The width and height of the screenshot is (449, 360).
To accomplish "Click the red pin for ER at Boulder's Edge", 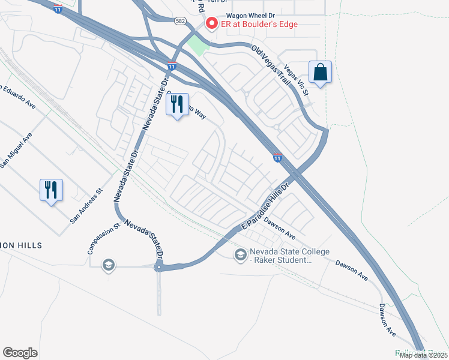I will pos(211,24).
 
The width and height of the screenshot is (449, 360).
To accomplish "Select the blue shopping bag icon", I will pos(321,73).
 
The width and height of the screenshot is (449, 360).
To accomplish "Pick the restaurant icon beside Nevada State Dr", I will pos(177,104).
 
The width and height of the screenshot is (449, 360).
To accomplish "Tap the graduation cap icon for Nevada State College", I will pos(241,255).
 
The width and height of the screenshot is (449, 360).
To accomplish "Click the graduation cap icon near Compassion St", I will pos(108,265).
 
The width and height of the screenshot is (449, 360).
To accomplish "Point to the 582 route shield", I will pos(180,21).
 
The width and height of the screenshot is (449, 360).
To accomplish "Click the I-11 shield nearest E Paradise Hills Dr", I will pos(277,158).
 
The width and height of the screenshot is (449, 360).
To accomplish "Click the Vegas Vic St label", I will pos(297,80).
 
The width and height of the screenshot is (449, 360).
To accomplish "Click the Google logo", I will pos(20,352).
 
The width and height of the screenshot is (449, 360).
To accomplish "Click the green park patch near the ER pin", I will pos(196,43).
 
